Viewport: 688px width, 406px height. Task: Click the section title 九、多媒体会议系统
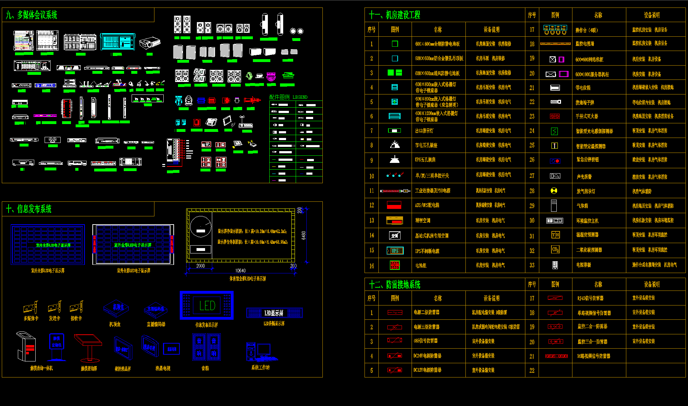click(31, 15)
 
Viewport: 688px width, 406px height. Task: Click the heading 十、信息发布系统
click(29, 209)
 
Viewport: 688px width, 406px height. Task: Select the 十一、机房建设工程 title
click(394, 15)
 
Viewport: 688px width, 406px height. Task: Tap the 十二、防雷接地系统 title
click(394, 284)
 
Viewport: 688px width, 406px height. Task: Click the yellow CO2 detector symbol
click(555, 250)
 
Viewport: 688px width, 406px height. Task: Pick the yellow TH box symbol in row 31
click(555, 235)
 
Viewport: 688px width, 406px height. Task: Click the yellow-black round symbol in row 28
click(554, 191)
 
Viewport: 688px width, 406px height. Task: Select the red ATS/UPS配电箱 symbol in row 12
click(394, 205)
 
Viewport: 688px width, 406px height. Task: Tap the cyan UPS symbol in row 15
click(395, 251)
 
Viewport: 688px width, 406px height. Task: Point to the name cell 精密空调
click(423, 221)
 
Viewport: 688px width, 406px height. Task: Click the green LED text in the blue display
click(207, 305)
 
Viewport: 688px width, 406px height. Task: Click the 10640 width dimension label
click(240, 271)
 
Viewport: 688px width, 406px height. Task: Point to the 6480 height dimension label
click(304, 235)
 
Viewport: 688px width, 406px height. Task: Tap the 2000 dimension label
click(200, 266)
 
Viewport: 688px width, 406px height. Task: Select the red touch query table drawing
click(88, 346)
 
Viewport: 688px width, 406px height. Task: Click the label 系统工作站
click(260, 368)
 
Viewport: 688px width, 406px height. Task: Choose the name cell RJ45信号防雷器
click(591, 298)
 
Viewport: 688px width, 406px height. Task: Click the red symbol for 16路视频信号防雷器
click(556, 356)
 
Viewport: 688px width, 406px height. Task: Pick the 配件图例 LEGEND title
click(288, 97)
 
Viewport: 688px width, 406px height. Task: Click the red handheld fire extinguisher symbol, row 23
click(555, 116)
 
